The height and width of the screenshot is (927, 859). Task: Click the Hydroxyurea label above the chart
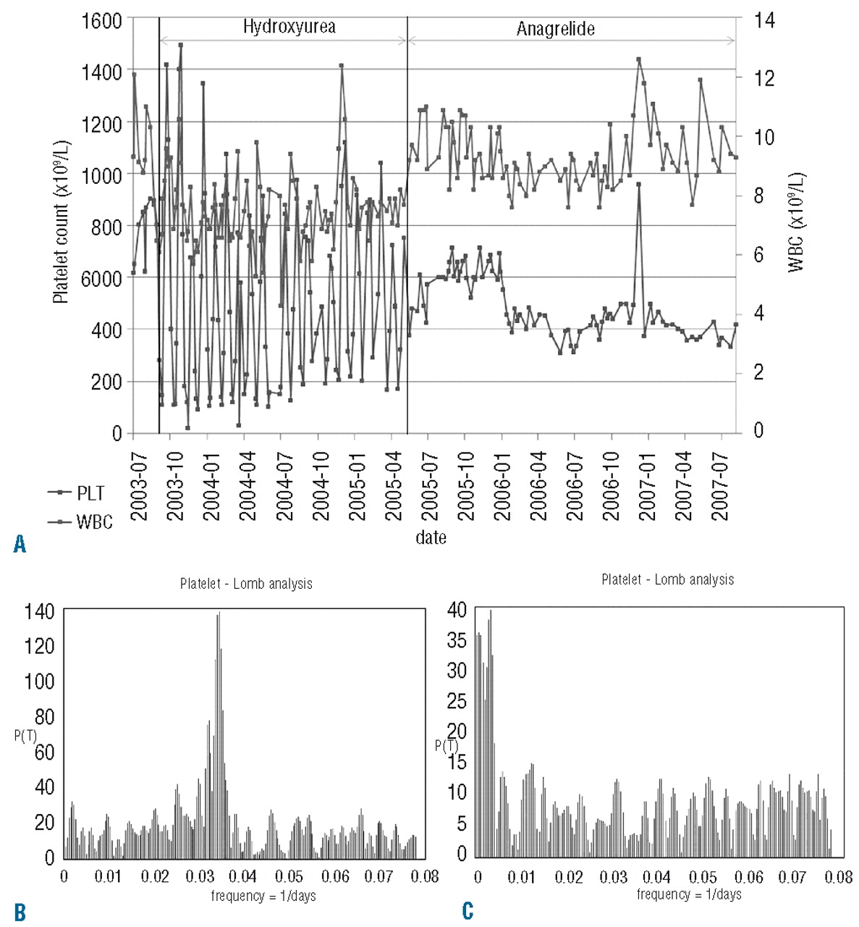(289, 28)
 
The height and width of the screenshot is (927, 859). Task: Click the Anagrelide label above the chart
(555, 29)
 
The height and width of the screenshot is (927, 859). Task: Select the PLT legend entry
(90, 493)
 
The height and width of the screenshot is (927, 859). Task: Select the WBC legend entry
(94, 521)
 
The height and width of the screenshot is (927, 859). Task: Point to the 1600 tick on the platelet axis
(101, 20)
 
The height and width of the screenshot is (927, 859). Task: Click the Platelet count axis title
(61, 221)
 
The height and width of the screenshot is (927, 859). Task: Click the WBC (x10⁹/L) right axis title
(796, 222)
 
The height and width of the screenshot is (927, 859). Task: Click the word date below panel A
(431, 537)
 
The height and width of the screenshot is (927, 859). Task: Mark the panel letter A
(20, 544)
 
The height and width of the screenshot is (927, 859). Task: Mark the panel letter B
(20, 912)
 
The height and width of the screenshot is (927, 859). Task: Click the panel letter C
(468, 910)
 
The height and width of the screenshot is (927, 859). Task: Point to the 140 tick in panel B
(39, 612)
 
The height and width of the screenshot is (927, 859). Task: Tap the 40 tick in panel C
(457, 610)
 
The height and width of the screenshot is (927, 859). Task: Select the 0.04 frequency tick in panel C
(657, 878)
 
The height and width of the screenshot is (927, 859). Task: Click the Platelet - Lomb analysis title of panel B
(246, 584)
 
